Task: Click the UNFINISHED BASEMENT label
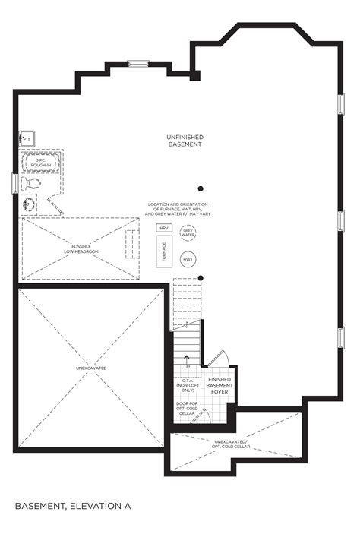[x=185, y=141]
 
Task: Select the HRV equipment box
[x=163, y=228]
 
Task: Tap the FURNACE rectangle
[x=163, y=251]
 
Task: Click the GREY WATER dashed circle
[x=187, y=233]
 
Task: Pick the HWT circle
[x=188, y=260]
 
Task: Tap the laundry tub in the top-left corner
[x=26, y=138]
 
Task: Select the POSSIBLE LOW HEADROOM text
[x=81, y=250]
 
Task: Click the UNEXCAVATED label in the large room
[x=91, y=368]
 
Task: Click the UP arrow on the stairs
[x=188, y=366]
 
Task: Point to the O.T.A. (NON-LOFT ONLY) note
[x=188, y=386]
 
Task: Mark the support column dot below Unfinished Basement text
[x=201, y=188]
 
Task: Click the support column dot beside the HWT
[x=201, y=277]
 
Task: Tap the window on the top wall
[x=138, y=64]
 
